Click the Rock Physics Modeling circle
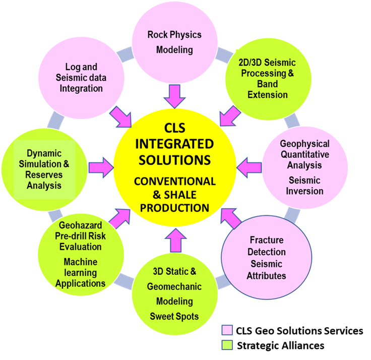click(x=174, y=42)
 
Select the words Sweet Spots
click(x=174, y=316)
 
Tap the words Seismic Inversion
click(x=305, y=186)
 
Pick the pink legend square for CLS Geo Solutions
click(x=227, y=331)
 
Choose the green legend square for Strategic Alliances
click(x=227, y=345)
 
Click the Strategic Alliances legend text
click(x=280, y=346)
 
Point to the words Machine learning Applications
click(x=80, y=272)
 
